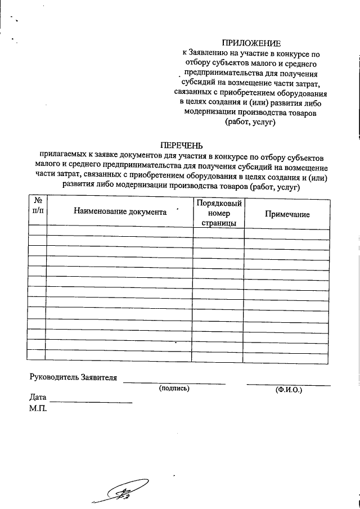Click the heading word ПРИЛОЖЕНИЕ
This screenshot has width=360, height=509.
click(250, 43)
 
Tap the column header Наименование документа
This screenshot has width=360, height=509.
click(120, 212)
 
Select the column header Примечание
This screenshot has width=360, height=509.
click(287, 214)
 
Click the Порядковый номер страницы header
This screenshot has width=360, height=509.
click(219, 213)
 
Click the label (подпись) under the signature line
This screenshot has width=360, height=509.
click(174, 388)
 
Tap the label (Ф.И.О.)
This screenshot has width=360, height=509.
click(288, 389)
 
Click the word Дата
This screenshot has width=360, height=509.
click(38, 398)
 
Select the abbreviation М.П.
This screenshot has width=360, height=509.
click(38, 408)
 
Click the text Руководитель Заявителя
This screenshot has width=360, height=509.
click(73, 377)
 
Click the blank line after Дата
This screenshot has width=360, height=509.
click(92, 402)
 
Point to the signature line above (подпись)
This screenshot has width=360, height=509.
click(174, 382)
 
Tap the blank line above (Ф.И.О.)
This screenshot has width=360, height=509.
click(288, 384)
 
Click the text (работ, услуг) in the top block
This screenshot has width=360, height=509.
click(250, 122)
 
